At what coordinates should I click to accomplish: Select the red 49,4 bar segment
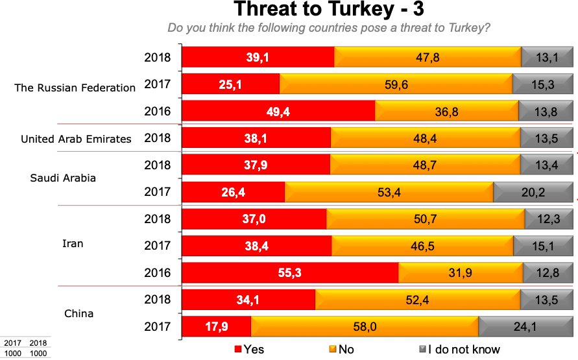278,112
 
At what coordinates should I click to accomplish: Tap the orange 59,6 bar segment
396,84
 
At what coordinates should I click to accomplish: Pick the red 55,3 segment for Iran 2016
290,272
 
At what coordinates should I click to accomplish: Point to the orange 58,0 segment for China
365,327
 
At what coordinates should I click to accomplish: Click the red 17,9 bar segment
216,327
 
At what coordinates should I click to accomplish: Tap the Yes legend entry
249,350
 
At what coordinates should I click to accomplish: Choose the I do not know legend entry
459,350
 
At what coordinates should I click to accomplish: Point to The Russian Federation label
75,88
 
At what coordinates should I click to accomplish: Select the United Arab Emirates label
76,139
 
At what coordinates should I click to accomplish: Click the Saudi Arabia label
63,178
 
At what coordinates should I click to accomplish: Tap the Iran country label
73,244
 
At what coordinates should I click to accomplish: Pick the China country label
78,314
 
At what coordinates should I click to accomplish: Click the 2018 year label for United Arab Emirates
156,138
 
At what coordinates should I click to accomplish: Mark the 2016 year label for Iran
156,272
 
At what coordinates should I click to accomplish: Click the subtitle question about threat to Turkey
328,29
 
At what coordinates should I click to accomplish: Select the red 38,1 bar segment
256,138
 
